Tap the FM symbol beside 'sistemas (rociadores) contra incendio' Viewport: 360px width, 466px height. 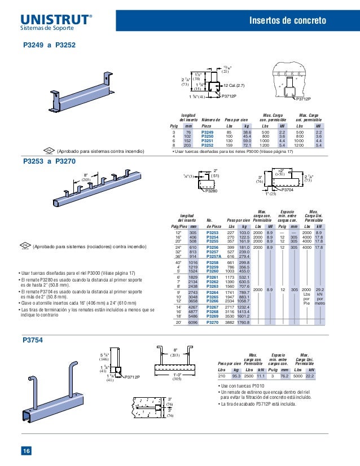tap(24, 245)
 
